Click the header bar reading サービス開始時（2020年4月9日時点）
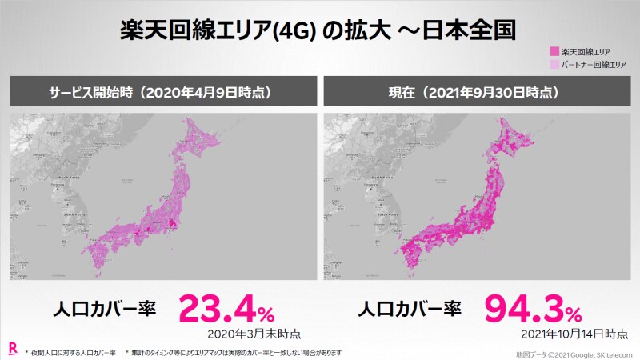point(160,92)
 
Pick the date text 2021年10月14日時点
point(570,333)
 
